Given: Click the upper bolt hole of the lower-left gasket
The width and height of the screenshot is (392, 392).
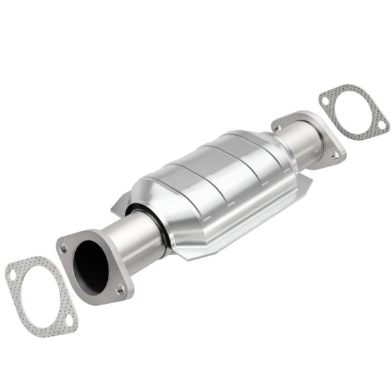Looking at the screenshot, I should click(x=13, y=275).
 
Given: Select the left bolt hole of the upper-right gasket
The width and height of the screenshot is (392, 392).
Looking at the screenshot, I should click(x=325, y=100).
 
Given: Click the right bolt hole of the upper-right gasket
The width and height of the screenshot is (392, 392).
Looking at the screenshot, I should click(x=380, y=124).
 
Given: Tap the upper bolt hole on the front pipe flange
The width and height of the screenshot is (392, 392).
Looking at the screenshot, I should click(x=63, y=248).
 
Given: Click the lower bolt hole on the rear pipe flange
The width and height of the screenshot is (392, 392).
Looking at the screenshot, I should click(x=336, y=155).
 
